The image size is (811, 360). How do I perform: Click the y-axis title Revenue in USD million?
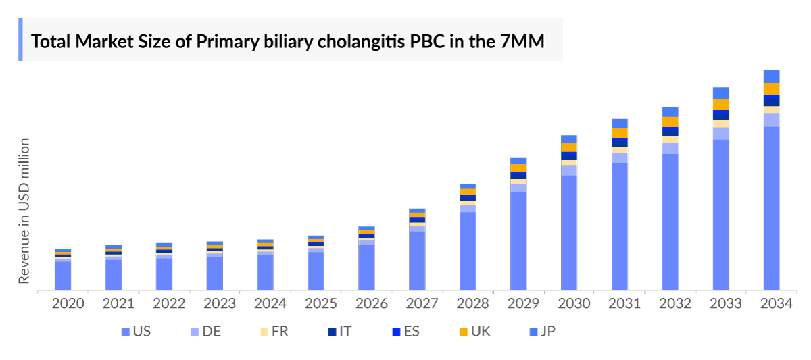(x=24, y=211)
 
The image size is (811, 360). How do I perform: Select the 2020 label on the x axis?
(x=68, y=304)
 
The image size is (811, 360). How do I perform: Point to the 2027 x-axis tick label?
(x=422, y=304)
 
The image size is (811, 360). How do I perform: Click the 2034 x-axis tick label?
(x=776, y=304)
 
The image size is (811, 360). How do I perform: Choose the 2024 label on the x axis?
(x=270, y=304)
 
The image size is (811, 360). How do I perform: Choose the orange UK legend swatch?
(x=464, y=332)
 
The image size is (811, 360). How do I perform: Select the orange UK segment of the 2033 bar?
(x=720, y=105)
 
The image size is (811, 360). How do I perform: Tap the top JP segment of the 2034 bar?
(x=771, y=76)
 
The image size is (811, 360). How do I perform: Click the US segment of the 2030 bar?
(x=569, y=232)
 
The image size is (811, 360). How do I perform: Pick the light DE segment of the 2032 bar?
(x=670, y=148)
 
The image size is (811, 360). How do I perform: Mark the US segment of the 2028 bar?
(x=468, y=251)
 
